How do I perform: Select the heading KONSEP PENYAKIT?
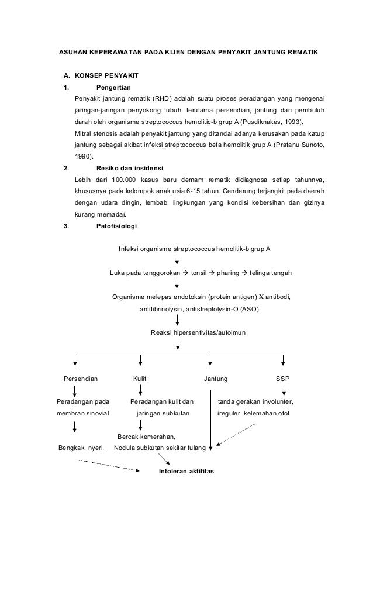coord(106,76)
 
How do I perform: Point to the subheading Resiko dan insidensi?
coord(129,168)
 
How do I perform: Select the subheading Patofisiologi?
coord(117,225)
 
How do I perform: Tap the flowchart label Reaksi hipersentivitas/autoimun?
coord(199,332)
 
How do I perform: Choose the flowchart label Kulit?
coord(140,379)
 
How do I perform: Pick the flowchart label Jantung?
coord(216,379)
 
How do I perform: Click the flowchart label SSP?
coord(282,379)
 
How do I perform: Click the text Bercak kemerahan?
coord(146,437)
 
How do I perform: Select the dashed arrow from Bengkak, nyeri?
coord(111,465)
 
